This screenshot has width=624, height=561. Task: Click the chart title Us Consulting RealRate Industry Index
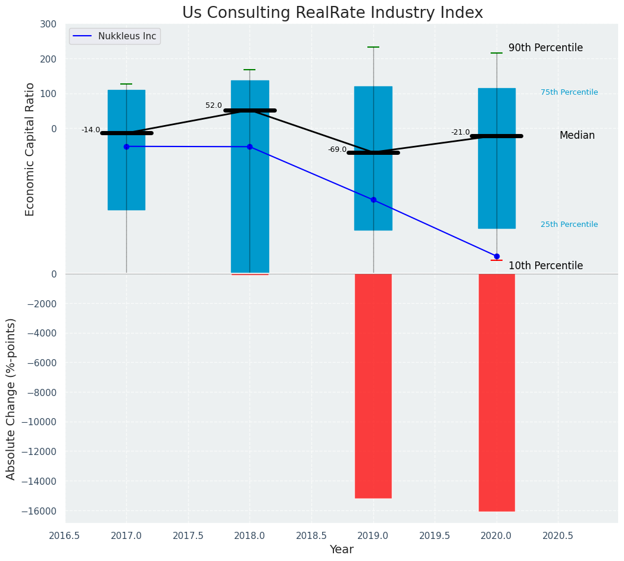pos(332,13)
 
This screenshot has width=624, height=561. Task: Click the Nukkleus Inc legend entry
pos(127,36)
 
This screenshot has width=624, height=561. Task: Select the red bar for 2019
pos(373,385)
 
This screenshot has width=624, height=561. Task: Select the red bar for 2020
pos(497,392)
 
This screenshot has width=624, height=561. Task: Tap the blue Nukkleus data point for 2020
pos(497,256)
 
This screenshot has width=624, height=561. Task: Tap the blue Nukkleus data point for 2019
pos(373,200)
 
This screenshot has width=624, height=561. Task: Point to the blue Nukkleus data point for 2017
pos(126,147)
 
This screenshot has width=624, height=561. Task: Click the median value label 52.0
pos(213,105)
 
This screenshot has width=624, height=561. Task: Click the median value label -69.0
pos(337,149)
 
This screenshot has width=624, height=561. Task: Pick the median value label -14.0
pos(91,130)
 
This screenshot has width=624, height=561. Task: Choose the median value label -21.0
pos(460,132)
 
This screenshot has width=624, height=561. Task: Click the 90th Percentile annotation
pos(545,48)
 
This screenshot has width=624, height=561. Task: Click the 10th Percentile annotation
pos(545,266)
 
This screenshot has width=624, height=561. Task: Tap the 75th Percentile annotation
pos(569,92)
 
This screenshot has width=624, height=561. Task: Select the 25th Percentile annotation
pos(569,225)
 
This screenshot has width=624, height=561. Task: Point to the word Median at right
pos(577,136)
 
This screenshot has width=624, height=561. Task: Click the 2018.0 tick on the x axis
pos(249,535)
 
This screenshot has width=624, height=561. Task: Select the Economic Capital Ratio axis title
pos(30,149)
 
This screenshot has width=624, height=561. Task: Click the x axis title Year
pos(341,550)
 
